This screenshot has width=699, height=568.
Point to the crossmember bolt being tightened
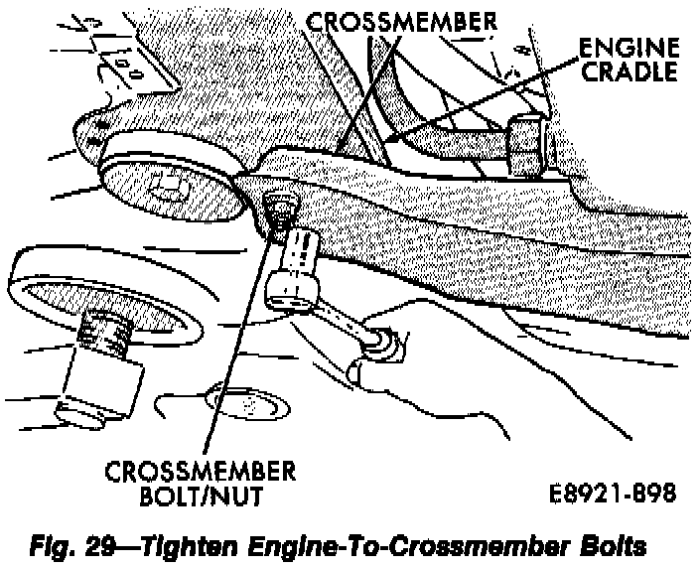tap(281, 210)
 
